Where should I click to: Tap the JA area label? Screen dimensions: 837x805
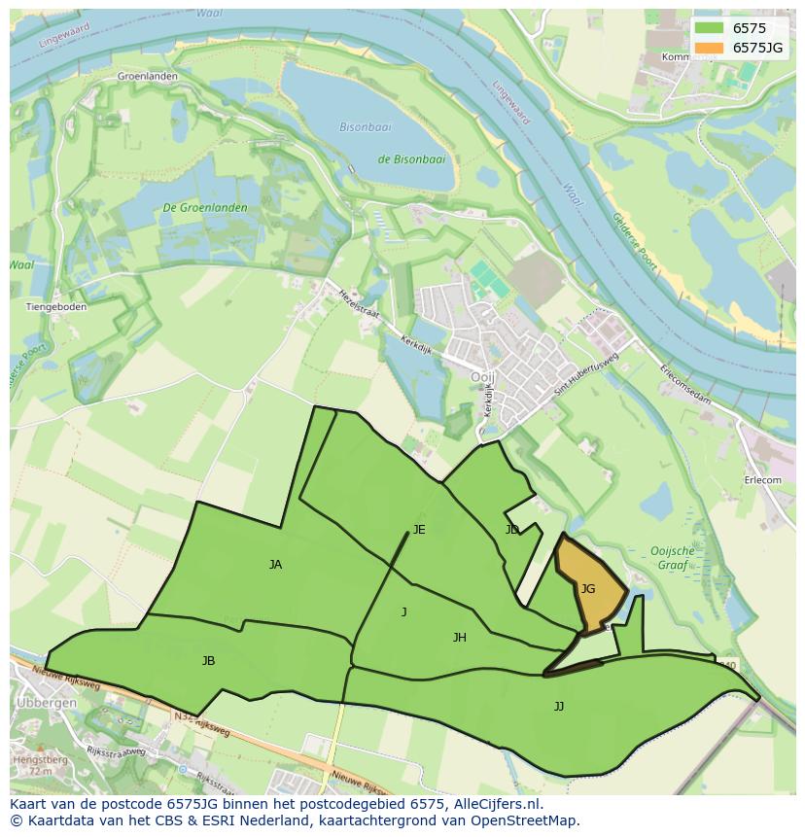(275, 564)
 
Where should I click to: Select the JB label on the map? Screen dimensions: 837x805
(208, 661)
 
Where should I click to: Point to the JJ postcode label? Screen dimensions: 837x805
(558, 706)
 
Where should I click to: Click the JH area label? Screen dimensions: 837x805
(459, 638)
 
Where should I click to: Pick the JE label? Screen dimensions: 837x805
(419, 530)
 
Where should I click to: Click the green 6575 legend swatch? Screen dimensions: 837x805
(710, 28)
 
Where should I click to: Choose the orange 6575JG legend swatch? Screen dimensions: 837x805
(710, 48)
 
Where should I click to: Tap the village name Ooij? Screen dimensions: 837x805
(483, 377)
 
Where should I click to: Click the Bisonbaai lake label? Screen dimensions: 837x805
(366, 127)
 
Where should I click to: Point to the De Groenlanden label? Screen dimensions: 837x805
(204, 207)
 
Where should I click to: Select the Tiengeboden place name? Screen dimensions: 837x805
(55, 306)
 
